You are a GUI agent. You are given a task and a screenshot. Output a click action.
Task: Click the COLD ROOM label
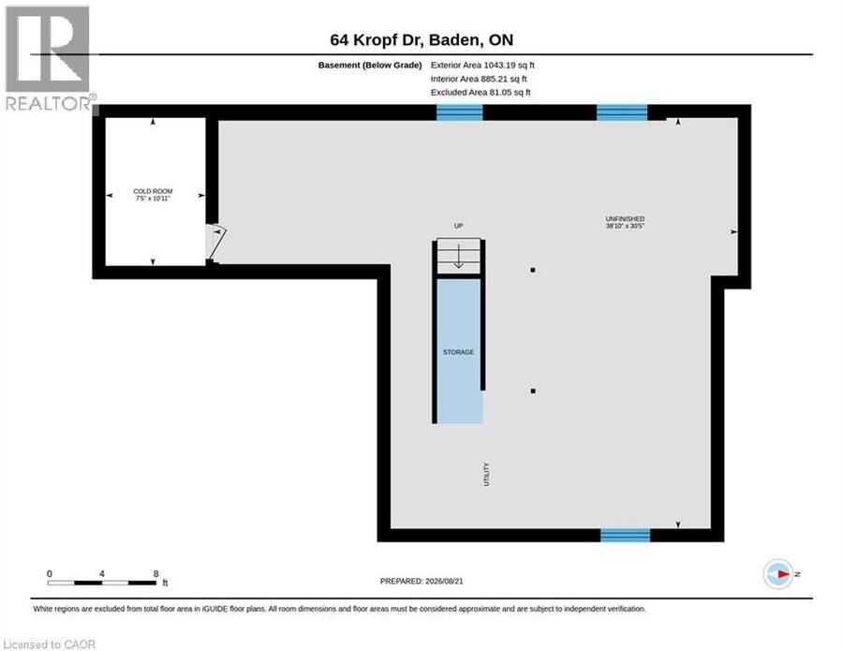153,191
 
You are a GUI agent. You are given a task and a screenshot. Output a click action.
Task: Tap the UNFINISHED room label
625,219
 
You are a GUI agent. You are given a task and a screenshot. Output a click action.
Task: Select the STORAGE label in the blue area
458,352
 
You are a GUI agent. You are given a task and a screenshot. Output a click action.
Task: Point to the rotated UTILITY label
486,474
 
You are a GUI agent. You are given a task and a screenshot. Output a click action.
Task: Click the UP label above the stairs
459,226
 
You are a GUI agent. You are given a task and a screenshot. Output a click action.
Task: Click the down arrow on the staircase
459,256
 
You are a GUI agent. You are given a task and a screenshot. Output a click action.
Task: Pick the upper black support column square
533,270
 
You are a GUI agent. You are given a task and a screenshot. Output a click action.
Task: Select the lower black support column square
533,391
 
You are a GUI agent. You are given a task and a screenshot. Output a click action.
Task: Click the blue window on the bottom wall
626,535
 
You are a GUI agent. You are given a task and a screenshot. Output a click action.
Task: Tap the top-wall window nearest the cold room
460,112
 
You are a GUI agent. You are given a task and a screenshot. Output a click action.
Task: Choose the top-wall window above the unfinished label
622,112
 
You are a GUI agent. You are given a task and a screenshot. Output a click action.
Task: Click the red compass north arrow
783,574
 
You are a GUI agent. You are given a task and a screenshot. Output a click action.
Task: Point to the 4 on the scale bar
101,573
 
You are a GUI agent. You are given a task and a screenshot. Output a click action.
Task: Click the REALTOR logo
49,58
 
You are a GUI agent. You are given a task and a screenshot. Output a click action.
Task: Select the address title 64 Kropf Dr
377,39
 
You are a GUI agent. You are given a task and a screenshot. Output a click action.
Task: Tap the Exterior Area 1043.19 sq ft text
482,65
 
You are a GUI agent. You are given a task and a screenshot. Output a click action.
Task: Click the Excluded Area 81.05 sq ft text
481,93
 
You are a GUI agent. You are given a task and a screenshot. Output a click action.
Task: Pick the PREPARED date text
421,581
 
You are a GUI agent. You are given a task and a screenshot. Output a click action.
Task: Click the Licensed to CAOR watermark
49,644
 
